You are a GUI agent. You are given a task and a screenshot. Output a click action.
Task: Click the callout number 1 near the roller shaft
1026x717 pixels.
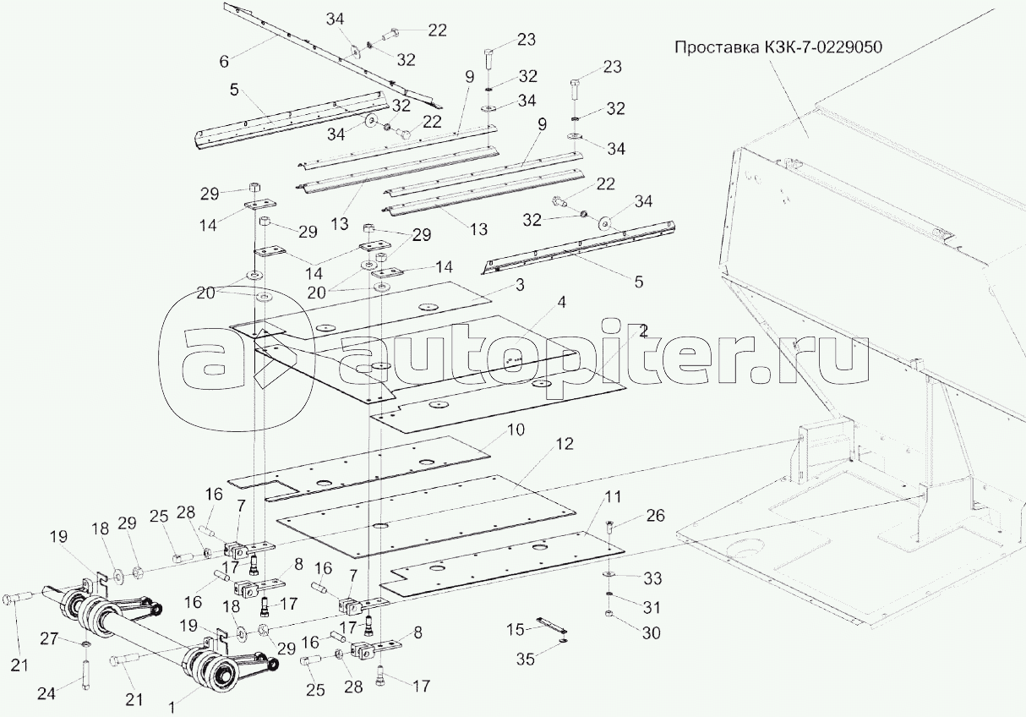(x=172, y=708)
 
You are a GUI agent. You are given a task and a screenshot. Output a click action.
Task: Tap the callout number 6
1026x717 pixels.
(x=224, y=62)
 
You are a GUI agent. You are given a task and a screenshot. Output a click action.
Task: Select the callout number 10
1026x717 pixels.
(x=516, y=430)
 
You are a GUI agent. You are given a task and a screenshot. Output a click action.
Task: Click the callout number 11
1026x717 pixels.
(x=613, y=496)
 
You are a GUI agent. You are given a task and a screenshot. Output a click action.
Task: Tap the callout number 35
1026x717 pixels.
(x=526, y=660)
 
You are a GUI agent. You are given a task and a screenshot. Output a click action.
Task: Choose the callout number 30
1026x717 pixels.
(x=651, y=633)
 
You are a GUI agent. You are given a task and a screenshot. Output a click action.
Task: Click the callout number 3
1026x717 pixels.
(x=519, y=284)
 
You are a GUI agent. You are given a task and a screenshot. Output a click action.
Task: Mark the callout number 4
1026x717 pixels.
(x=561, y=302)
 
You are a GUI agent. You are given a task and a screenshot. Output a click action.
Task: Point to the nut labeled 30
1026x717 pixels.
(x=609, y=614)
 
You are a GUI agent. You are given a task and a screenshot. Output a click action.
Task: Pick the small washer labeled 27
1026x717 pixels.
(x=85, y=644)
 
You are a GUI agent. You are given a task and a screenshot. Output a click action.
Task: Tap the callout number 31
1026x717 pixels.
(x=652, y=607)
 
